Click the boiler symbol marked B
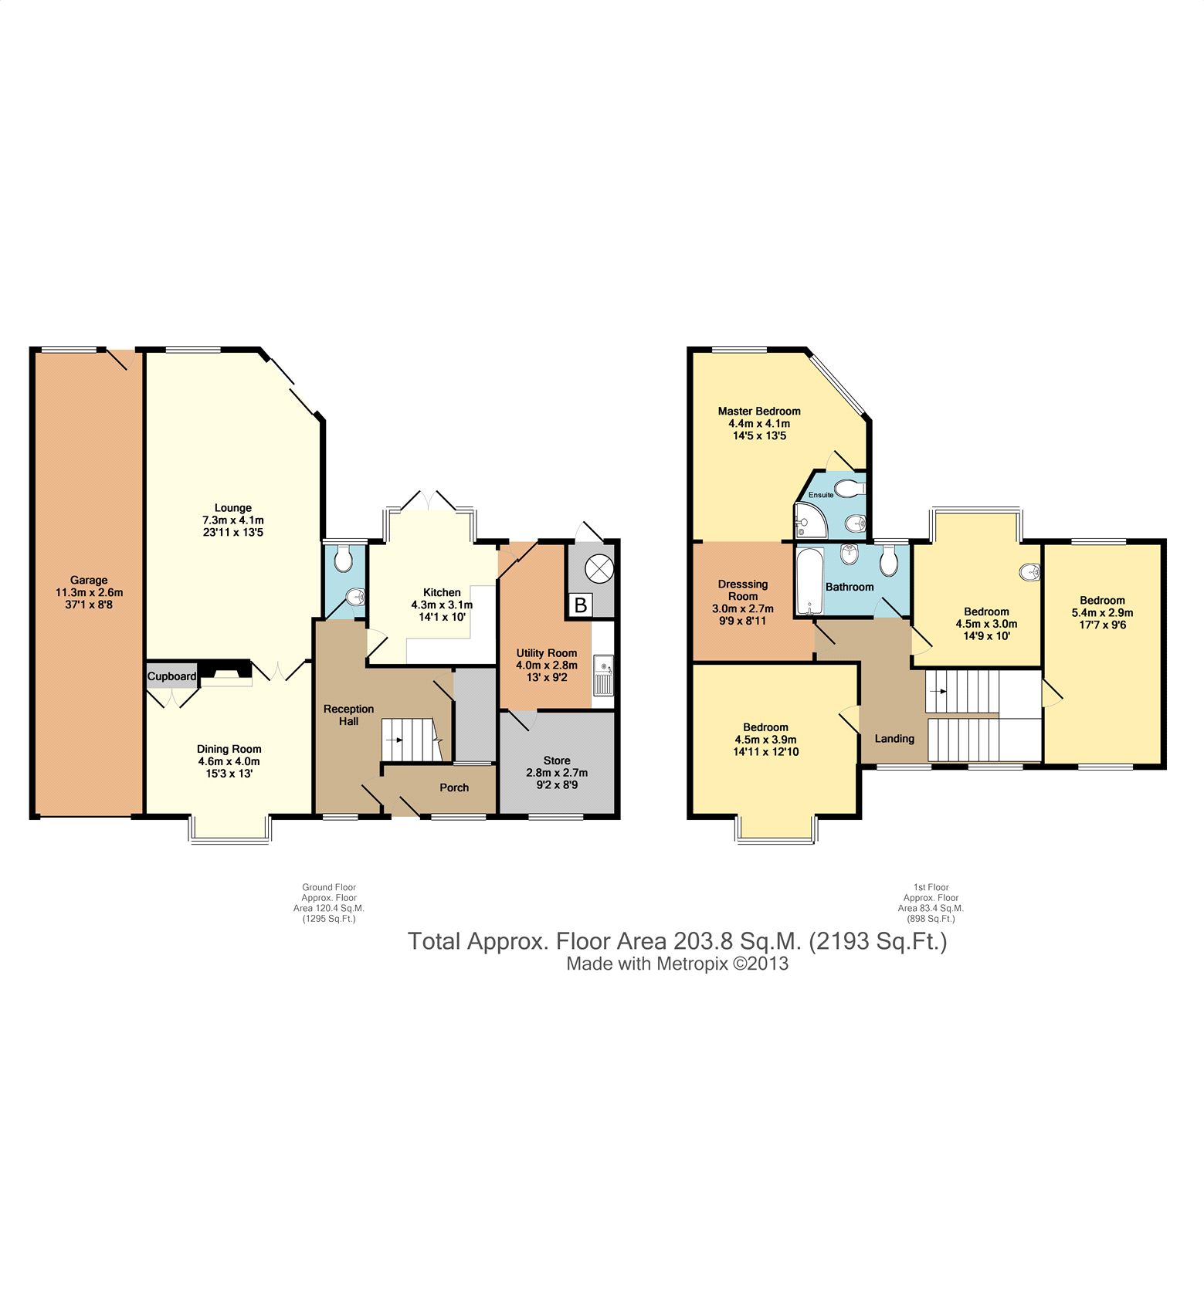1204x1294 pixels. pos(580,605)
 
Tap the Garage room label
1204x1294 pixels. pos(89,580)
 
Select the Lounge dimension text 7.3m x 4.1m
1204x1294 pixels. pos(233,520)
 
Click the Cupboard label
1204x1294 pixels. pos(172,676)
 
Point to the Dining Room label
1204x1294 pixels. pos(229,749)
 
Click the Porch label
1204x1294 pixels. pos(454,788)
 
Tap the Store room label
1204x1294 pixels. pos(557,760)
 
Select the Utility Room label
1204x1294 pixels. pos(547,653)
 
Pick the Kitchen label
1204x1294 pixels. pos(442,593)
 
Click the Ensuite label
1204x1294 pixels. pos(821,495)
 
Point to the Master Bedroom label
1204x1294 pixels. pos(759,412)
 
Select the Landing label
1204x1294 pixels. pos(894,739)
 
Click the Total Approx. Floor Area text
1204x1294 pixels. pos(677,942)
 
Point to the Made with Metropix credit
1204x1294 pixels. pos(677,964)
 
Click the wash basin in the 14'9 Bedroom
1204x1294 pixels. pos(1030,572)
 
